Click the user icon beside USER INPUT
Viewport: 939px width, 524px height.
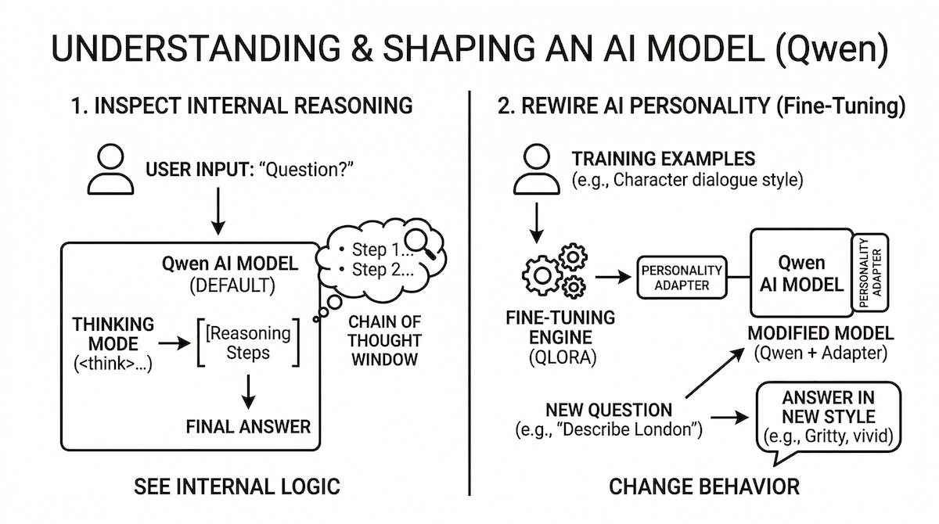tap(110, 170)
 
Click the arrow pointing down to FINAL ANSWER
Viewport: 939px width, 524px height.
tap(249, 390)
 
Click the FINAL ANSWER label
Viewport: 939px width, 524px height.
tap(248, 426)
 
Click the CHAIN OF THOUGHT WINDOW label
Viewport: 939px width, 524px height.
tap(384, 340)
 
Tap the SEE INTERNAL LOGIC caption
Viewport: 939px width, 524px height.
tap(237, 487)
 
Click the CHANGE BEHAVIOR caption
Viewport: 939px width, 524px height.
tap(704, 487)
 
